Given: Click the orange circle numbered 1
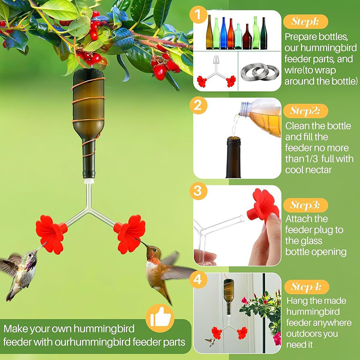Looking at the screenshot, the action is point(198,15).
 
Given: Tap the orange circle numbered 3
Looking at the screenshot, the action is point(198,190).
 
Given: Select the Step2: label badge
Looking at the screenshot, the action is point(306,111).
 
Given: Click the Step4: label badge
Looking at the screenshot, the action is point(306,287).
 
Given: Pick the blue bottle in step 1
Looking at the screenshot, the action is point(224,33).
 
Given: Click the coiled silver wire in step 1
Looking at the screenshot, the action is point(260,72).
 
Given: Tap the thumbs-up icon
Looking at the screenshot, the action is point(160,318).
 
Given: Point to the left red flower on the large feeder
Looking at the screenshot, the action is point(51,234).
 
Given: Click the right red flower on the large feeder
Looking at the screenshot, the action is point(129,234).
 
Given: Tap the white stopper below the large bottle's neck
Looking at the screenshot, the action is point(89,181).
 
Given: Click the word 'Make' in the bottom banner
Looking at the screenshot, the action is point(15,329).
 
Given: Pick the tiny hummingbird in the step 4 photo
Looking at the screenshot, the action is point(210,342).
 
